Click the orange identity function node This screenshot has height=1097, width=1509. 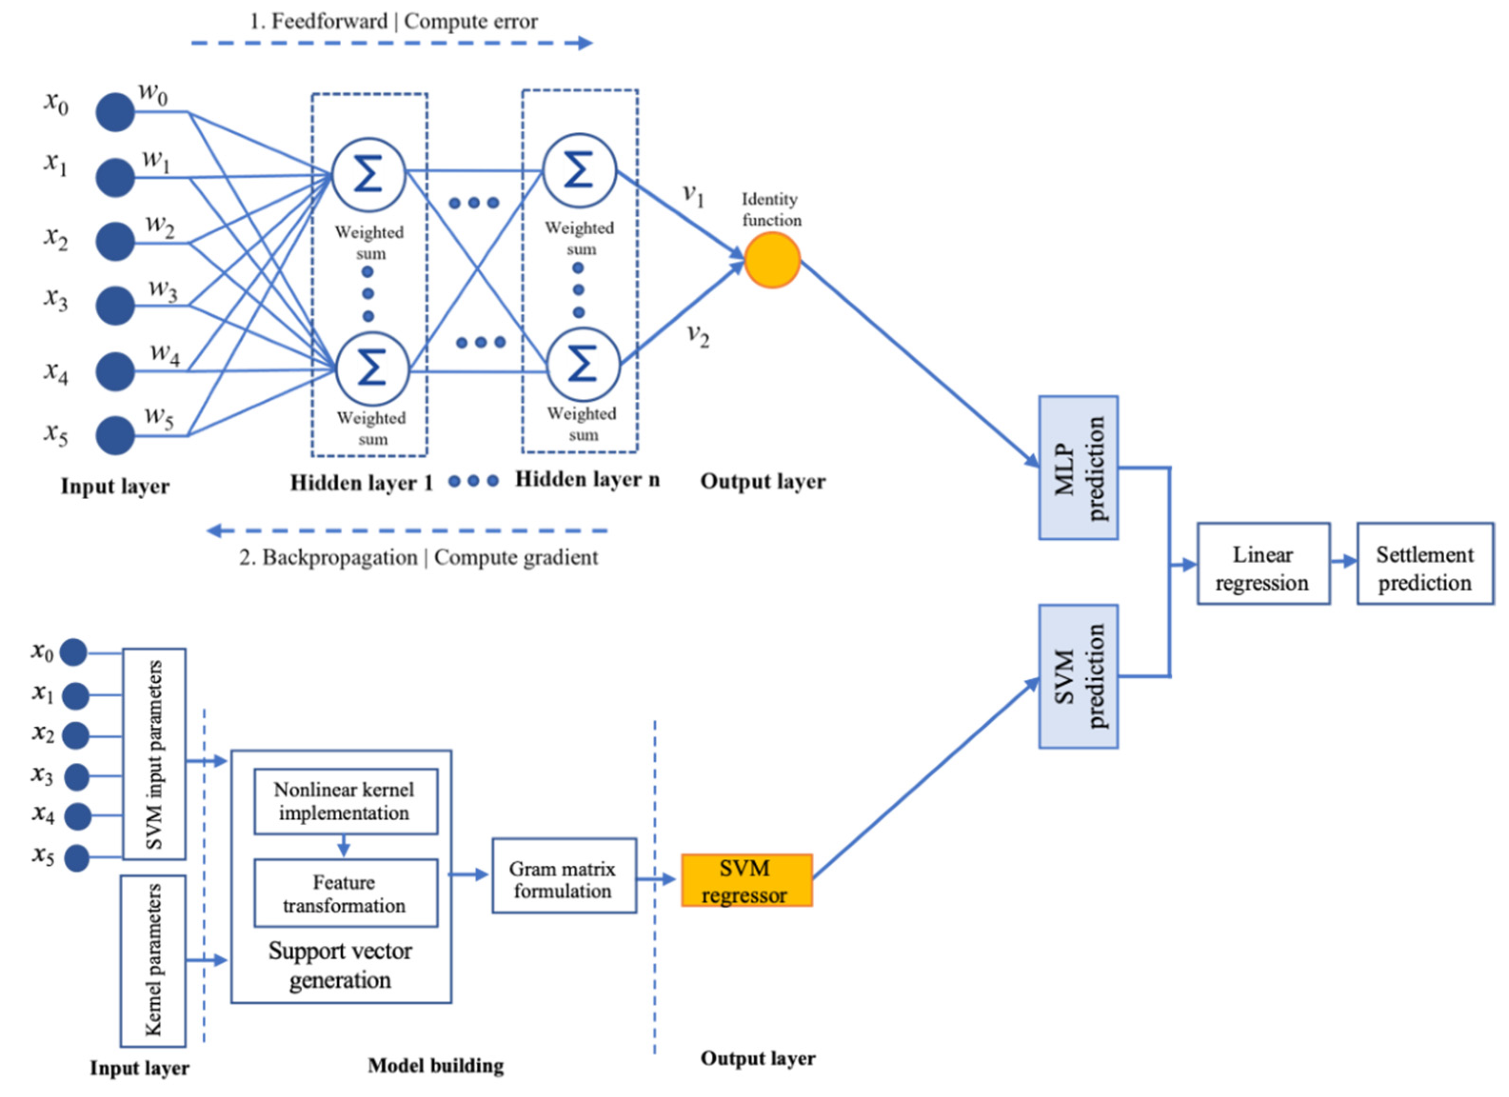(772, 260)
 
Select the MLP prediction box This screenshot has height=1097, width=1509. (1078, 468)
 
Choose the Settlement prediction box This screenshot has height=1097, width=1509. (1424, 563)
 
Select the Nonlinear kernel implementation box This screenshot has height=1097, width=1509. (345, 801)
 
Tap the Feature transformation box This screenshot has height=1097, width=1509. (345, 893)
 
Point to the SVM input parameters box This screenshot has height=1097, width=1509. (154, 754)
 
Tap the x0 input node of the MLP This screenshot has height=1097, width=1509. (115, 112)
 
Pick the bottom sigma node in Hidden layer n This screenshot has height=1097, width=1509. (583, 364)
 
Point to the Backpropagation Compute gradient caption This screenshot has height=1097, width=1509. (418, 557)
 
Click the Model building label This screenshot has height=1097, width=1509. (436, 1066)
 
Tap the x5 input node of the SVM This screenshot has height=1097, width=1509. (77, 858)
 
